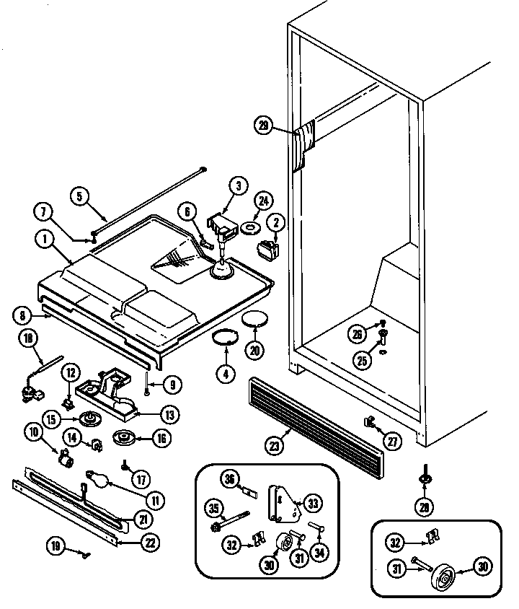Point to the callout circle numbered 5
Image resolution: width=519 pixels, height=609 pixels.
(81, 195)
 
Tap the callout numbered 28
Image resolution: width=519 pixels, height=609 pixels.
(425, 508)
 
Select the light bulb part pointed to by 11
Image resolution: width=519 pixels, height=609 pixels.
(99, 477)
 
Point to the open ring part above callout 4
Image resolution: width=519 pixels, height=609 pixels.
(226, 338)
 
